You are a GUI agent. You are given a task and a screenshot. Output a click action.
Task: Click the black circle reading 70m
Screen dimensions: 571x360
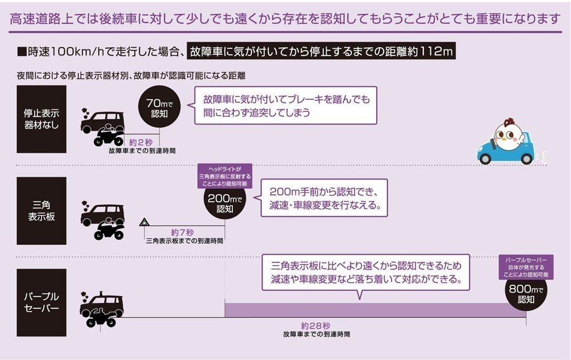159,106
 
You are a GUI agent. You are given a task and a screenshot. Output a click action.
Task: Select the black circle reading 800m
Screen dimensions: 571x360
526,294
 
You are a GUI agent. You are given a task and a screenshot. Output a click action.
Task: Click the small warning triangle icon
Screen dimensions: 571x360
144,222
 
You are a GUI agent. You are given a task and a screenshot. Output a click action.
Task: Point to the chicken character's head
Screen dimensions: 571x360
508,134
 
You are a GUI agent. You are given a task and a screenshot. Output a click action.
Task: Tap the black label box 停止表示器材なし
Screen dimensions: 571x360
42,119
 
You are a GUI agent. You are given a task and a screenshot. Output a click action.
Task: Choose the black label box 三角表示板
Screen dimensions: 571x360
42,211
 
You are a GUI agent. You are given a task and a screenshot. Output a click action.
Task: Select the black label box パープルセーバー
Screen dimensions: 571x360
42,302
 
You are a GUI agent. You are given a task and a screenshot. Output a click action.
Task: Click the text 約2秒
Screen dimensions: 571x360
141,142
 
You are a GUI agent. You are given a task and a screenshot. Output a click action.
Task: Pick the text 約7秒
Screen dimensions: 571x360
182,233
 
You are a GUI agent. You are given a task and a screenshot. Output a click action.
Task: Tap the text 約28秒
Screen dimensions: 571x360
316,326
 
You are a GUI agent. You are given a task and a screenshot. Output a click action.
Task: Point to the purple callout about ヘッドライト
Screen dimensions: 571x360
225,176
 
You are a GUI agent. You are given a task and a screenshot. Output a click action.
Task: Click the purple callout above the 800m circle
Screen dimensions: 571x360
526,267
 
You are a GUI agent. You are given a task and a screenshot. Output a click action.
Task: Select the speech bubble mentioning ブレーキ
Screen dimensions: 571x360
285,105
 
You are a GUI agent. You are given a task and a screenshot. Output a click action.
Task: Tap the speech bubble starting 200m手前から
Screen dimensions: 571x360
324,198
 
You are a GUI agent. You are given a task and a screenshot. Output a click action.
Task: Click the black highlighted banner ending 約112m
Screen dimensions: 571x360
321,52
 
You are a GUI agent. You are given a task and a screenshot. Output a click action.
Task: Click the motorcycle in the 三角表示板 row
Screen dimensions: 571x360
109,230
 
